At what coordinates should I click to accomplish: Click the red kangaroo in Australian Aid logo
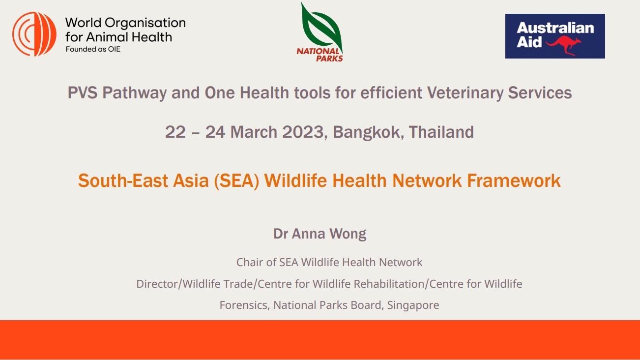point(564,45)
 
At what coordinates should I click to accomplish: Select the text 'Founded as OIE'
point(93,49)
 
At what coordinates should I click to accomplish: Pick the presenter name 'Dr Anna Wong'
point(320,234)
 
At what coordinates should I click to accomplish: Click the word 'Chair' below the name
point(250,262)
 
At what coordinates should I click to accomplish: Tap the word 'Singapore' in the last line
point(413,305)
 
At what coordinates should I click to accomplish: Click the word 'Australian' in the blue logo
point(555,28)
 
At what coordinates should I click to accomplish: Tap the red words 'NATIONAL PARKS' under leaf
point(320,55)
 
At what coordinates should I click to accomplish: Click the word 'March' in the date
point(248,132)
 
